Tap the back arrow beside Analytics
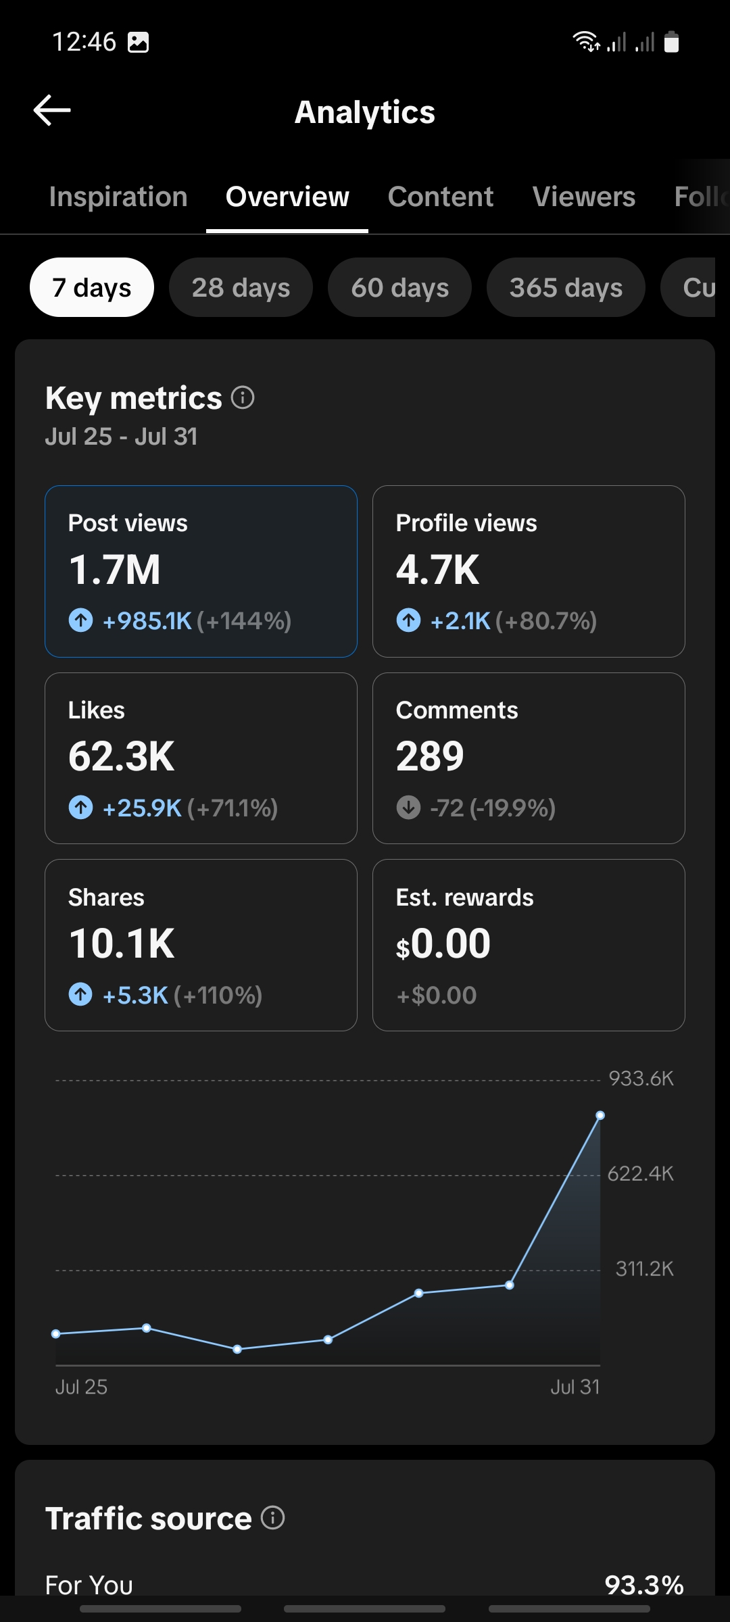52,110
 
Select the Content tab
441,197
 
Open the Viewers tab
584,197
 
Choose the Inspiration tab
118,197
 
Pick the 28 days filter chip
241,287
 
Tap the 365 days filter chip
566,287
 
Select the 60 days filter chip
399,287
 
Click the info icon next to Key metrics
243,397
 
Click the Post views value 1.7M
115,570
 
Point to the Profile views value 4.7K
437,570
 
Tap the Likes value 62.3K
122,756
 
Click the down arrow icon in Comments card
408,808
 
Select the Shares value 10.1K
122,943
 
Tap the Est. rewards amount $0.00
443,943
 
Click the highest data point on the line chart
600,1115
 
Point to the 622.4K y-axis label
641,1174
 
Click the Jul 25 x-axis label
81,1387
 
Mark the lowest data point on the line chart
237,1349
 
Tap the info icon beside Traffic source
273,1518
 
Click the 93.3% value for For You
644,1585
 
